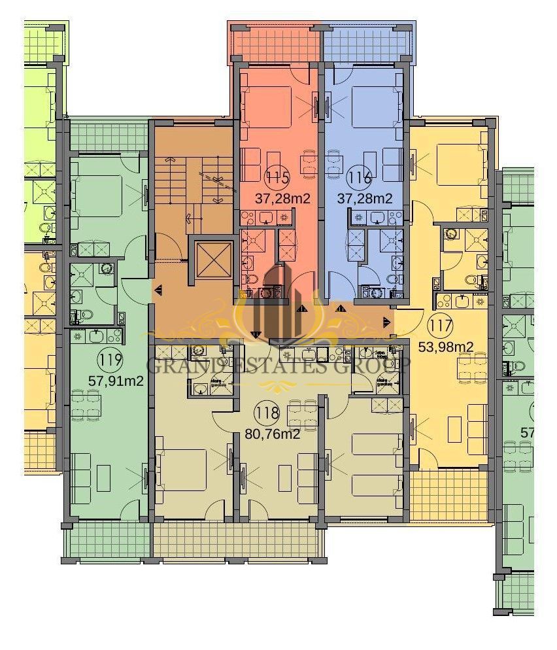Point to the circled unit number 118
pyautogui.click(x=268, y=413)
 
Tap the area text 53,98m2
pyautogui.click(x=446, y=347)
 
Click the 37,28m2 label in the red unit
pyautogui.click(x=281, y=198)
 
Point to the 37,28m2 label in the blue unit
pyautogui.click(x=365, y=198)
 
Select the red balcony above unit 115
pyautogui.click(x=275, y=43)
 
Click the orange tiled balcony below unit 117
pyautogui.click(x=448, y=495)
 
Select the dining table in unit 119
pyautogui.click(x=86, y=404)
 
